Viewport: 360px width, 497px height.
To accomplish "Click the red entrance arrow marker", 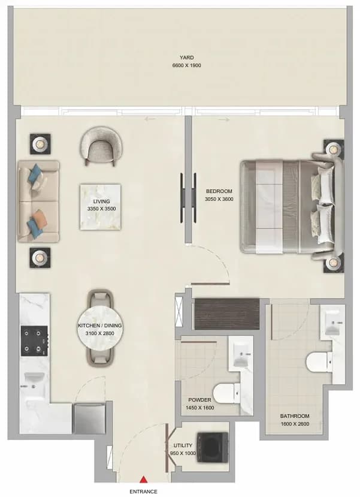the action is tap(144, 478).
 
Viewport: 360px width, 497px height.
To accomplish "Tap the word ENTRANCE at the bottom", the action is tap(143, 492).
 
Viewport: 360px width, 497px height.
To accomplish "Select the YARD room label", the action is tap(186, 58).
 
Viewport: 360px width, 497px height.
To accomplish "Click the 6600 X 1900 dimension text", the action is tap(186, 65).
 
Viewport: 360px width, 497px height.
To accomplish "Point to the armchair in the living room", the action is tap(102, 146).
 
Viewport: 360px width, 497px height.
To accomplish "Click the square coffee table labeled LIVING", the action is tap(100, 207).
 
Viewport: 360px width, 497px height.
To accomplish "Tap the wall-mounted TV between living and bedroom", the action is tap(189, 198).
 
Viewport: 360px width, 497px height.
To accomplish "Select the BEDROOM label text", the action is tap(219, 191).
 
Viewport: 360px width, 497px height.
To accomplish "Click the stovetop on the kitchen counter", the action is tap(35, 341).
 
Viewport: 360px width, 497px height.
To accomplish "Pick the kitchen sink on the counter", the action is tap(34, 379).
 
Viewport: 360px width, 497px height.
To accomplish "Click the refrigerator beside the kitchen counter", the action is tap(89, 418).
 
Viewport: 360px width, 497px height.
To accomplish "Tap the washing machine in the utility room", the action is tap(213, 447).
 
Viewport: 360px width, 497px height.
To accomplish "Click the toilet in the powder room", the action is tap(226, 393).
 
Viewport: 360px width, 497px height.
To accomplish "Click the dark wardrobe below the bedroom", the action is tap(226, 314).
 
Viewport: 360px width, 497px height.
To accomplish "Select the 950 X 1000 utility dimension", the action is tap(183, 453).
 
